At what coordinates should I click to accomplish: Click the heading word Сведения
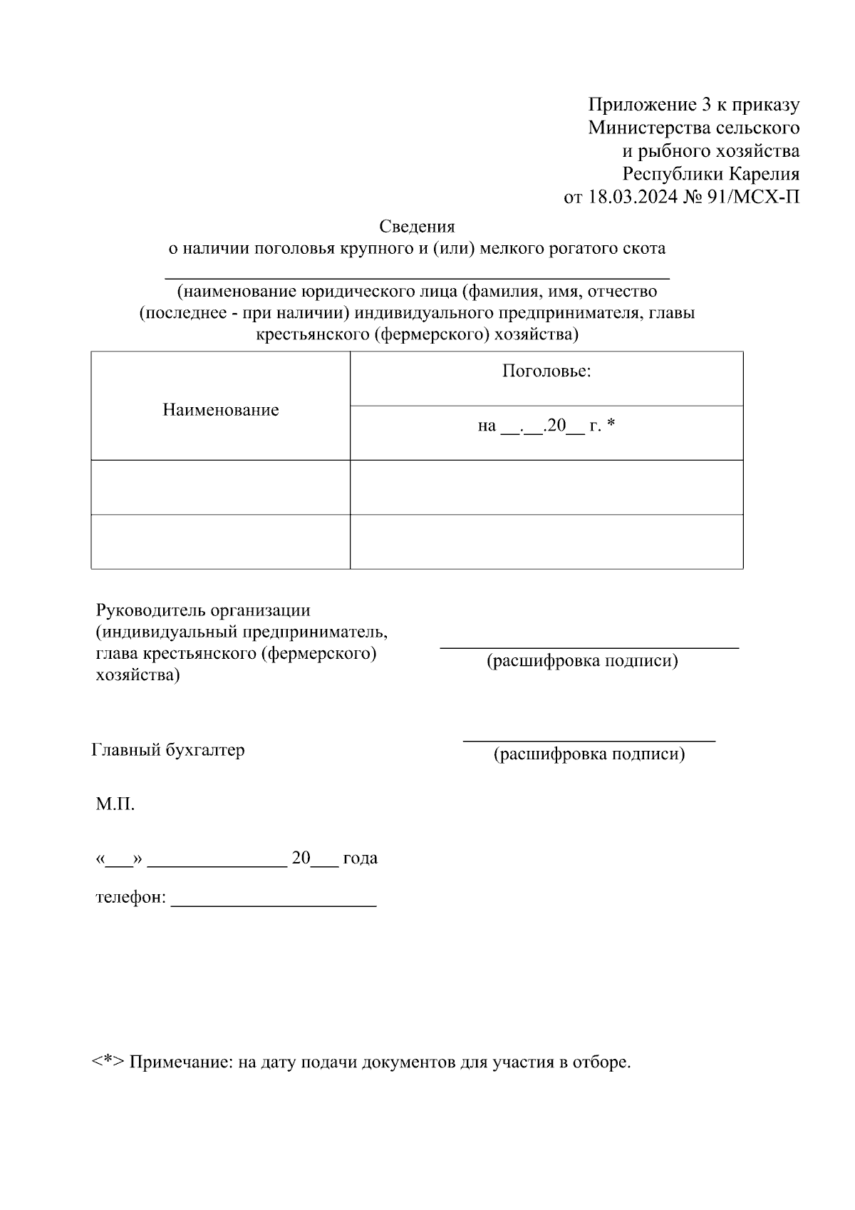417,227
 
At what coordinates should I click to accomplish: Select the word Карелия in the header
763,174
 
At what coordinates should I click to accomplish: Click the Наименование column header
220,410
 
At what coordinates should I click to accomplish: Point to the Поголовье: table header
546,371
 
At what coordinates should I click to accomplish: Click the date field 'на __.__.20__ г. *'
546,426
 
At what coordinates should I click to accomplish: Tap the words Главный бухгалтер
168,750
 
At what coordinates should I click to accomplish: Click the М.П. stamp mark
115,805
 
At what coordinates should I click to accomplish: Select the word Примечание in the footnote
180,1062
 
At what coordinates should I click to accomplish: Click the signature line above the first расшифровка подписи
589,647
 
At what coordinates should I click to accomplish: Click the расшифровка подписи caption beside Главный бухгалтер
589,754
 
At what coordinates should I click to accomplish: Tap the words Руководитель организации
203,611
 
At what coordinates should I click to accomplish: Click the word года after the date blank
360,858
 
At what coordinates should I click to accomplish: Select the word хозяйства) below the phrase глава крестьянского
138,675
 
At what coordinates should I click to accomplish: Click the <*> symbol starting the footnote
108,1062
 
